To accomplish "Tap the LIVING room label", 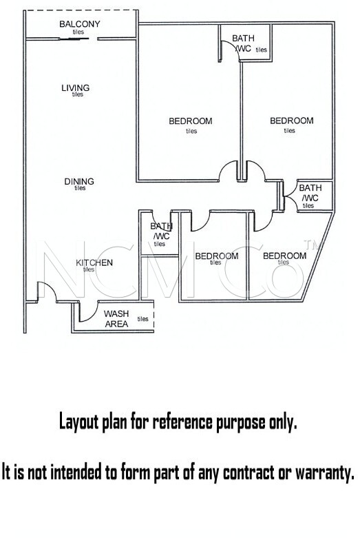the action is pos(76,88).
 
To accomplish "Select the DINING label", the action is pos(79,181).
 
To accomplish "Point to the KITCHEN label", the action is pos(94,263).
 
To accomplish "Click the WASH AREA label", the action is pos(116,319).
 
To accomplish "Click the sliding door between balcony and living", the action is pos(74,39).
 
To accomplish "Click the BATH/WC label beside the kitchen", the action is pos(161,231).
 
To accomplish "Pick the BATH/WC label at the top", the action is pos(243,43).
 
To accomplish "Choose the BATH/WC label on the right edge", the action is pos(310,193).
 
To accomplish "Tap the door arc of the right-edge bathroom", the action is pos(290,196).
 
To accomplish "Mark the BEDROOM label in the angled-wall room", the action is pos(284,256).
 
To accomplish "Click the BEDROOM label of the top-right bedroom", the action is pos(292,121).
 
